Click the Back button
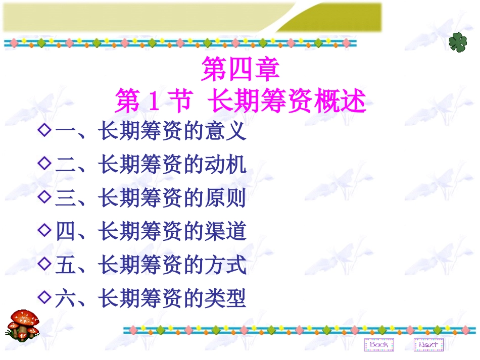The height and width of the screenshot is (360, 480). coord(378,344)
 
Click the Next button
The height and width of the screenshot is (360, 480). coord(428,344)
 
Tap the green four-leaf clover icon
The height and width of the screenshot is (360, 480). coord(458,43)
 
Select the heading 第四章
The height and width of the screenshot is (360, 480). coord(240,70)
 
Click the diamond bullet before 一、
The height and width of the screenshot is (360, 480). coord(45,131)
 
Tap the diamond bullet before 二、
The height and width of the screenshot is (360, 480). coord(45,164)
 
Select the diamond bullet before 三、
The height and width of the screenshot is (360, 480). coord(45,197)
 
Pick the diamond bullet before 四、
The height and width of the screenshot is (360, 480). coord(45,230)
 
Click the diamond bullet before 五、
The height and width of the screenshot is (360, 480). coord(45,263)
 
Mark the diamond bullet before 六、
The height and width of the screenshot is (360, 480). coord(45,296)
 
